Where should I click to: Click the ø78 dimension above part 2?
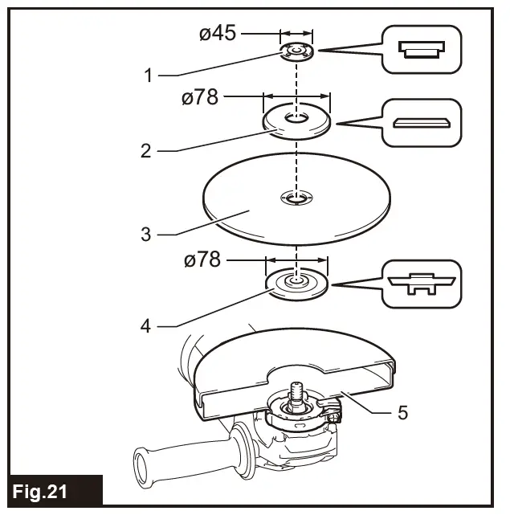[201, 97]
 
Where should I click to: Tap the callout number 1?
[148, 76]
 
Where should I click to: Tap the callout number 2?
[145, 150]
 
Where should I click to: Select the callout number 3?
[145, 235]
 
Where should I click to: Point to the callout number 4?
[145, 327]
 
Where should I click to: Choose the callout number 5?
[402, 413]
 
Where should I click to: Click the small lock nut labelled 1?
[296, 52]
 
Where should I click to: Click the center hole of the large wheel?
[296, 198]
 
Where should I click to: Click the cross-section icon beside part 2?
[421, 123]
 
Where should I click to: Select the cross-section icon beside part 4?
[421, 284]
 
